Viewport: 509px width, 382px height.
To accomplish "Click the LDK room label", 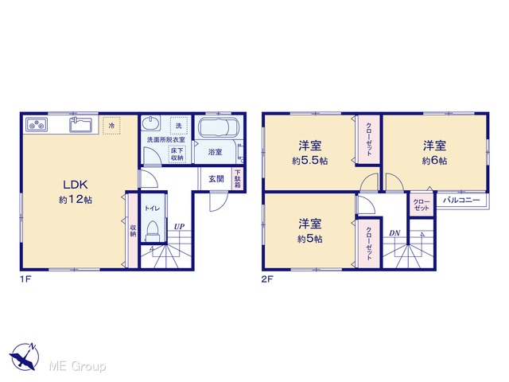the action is tap(76, 185).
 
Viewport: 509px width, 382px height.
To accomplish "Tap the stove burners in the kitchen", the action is tap(37, 125).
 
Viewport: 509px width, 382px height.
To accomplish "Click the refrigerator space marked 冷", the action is tap(111, 126).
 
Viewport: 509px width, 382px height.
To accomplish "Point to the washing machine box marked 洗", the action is tap(179, 126).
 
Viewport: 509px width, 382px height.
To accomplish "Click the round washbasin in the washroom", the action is tap(151, 123).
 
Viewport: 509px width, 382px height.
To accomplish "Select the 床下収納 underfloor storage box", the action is tap(177, 154).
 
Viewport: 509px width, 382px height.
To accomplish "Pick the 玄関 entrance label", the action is tap(216, 178).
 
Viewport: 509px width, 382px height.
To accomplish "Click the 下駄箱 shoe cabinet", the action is tap(238, 178).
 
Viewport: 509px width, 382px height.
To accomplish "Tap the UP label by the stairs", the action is tap(179, 227).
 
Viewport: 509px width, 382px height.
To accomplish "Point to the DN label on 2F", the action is tap(394, 233).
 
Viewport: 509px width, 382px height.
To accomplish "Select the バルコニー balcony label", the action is tap(461, 200).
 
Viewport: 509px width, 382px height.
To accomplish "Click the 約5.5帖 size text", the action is tap(309, 161).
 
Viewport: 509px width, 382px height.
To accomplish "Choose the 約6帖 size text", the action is tap(434, 161).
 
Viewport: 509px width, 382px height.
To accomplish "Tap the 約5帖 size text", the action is tap(309, 239).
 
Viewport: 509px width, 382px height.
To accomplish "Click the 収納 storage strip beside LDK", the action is tap(133, 230).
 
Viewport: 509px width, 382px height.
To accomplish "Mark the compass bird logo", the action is tap(25, 357).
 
